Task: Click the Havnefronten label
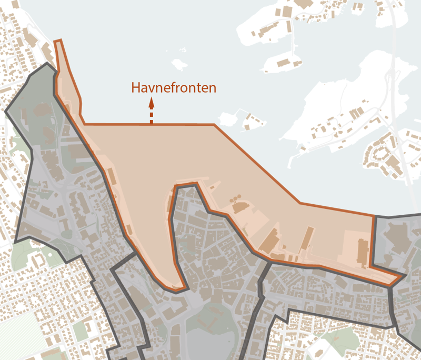pyautogui.click(x=174, y=87)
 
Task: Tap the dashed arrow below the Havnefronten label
pyautogui.click(x=151, y=111)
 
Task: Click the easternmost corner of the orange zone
pyautogui.click(x=402, y=276)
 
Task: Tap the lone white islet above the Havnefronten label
pyautogui.click(x=179, y=65)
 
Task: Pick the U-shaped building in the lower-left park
pyautogui.click(x=37, y=260)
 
